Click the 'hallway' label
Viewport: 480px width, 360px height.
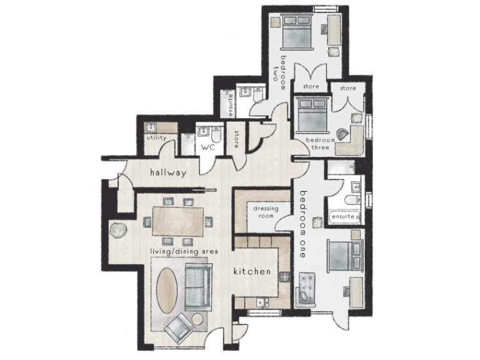click(167, 173)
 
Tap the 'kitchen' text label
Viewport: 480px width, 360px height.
click(252, 272)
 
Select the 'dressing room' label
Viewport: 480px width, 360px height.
click(261, 212)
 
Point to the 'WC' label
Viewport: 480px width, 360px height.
click(207, 148)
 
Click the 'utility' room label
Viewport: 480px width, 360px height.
click(156, 137)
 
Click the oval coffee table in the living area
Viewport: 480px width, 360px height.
click(167, 290)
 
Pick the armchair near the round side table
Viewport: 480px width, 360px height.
click(179, 326)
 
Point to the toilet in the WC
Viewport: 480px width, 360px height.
click(215, 134)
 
